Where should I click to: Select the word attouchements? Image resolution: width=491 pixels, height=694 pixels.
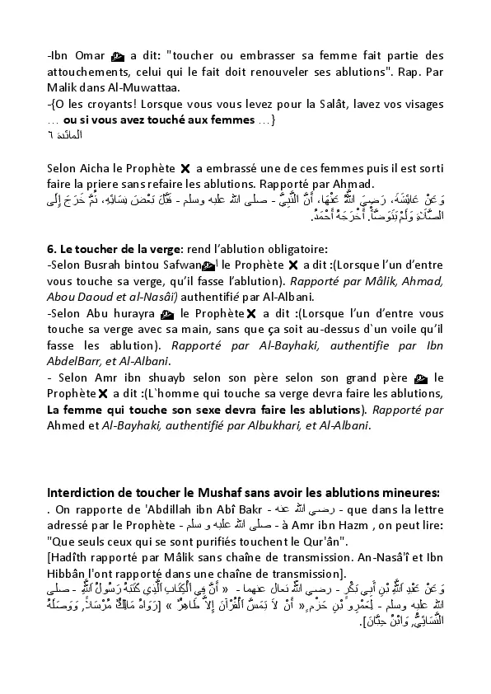click(88, 72)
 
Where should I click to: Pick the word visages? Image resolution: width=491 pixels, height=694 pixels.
click(423, 105)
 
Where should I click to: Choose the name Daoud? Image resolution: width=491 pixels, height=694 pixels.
click(96, 297)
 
